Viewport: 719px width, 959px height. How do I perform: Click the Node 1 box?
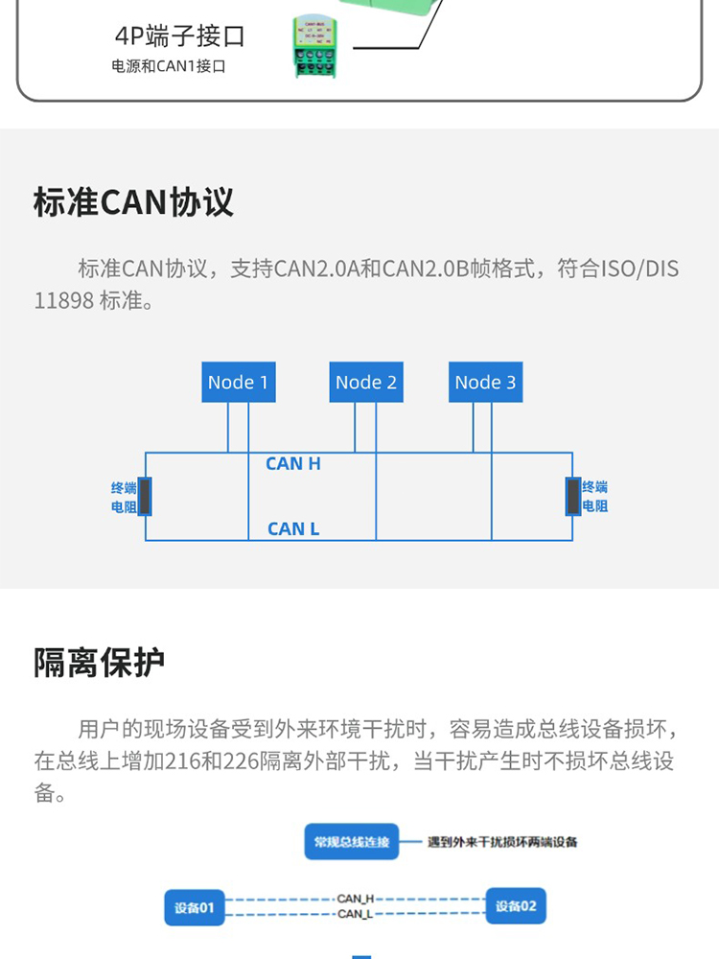239,382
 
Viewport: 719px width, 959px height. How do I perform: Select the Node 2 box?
366,382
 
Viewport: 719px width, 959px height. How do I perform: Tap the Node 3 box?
485,382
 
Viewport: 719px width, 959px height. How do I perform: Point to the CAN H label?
293,464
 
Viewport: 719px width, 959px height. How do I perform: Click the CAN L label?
293,528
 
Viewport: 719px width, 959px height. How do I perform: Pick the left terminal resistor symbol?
145,497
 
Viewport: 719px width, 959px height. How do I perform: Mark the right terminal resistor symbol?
573,497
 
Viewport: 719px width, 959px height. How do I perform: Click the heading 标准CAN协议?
133,203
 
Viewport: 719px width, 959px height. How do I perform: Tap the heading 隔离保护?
100,662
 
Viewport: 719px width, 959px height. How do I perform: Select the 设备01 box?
195,906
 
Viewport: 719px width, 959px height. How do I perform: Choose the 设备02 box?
516,905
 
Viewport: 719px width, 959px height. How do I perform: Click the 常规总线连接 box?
352,842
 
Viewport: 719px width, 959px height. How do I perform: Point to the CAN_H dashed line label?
355,899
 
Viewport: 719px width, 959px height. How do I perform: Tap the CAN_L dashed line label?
355,914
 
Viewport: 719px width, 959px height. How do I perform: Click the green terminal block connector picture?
320,46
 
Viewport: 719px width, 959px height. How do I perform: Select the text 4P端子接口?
180,36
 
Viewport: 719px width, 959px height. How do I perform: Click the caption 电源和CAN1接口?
169,67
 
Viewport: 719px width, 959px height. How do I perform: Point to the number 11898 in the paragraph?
64,301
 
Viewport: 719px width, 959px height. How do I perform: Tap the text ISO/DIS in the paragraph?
639,269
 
